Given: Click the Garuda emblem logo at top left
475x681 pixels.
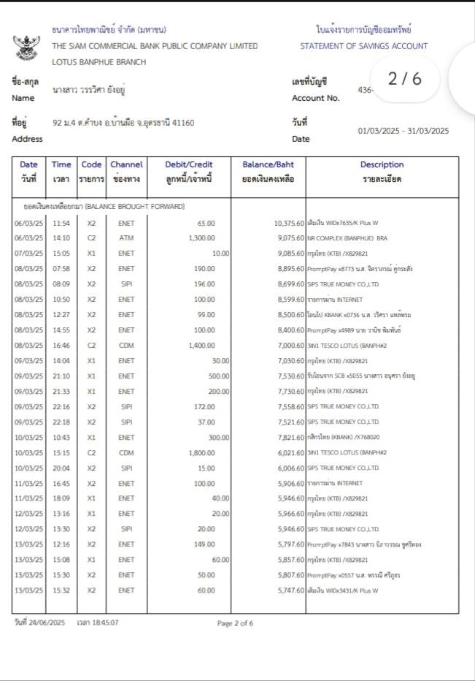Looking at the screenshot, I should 27,47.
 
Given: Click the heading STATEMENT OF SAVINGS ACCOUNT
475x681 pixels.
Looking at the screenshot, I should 363,46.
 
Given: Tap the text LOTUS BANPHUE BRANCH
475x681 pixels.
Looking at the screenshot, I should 99,62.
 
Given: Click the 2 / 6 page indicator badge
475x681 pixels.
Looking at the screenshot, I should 405,79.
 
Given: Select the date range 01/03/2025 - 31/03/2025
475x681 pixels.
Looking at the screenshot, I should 403,132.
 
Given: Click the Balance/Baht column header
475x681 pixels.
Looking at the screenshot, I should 269,165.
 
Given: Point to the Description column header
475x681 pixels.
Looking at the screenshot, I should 382,165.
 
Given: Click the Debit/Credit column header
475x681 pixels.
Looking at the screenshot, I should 189,165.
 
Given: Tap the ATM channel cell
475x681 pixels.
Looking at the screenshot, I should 126,237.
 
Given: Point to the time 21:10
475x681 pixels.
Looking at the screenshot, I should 61,376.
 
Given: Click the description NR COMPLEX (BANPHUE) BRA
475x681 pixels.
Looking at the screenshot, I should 347,237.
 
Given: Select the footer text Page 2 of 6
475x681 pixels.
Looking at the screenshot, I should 235,623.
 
